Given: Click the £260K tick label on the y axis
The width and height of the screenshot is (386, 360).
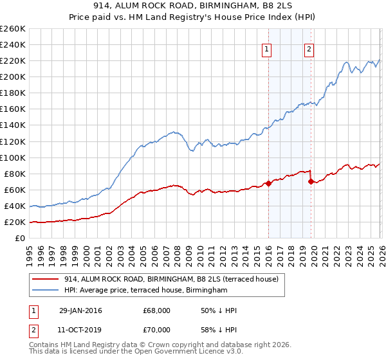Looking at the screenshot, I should click(12, 29).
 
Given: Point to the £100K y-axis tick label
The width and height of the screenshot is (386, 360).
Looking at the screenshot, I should click(12, 157).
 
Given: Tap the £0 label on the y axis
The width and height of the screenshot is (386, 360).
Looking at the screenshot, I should click(20, 239).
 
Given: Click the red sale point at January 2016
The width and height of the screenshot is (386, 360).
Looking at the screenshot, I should click(268, 183).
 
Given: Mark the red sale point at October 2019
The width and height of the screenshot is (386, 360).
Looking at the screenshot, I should click(311, 182).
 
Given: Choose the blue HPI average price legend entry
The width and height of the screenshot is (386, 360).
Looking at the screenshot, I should click(146, 291).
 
